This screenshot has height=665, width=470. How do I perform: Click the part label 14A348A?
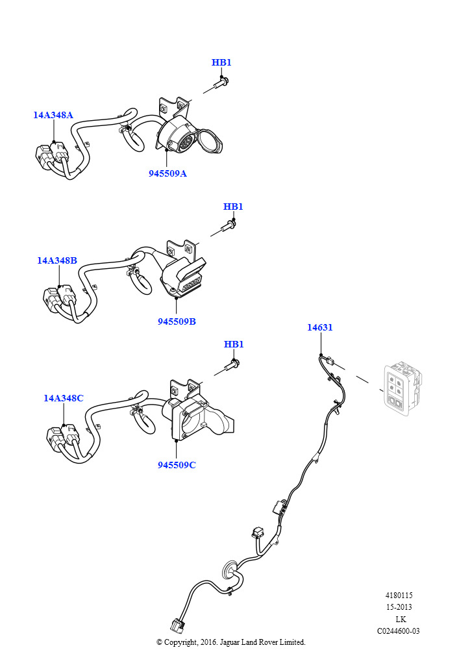53,116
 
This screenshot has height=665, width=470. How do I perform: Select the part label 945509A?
167,173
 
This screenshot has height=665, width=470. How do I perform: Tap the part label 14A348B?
57,260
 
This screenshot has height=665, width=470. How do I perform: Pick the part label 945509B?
177,321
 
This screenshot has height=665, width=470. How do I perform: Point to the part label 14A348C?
64,398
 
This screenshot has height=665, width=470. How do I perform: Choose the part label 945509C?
177,465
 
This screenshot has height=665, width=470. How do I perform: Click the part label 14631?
320,327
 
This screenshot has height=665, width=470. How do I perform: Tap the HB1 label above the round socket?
221,63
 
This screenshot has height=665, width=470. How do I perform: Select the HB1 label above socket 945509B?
233,207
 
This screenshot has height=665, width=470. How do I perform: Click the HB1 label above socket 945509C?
234,344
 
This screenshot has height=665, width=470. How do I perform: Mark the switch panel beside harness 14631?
401,388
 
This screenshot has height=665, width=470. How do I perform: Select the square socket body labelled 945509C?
195,419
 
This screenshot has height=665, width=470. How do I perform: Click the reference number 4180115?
399,596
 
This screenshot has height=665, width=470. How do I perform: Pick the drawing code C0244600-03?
399,631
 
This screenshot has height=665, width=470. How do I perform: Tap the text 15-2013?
399,607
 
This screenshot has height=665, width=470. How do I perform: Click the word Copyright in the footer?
184,642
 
